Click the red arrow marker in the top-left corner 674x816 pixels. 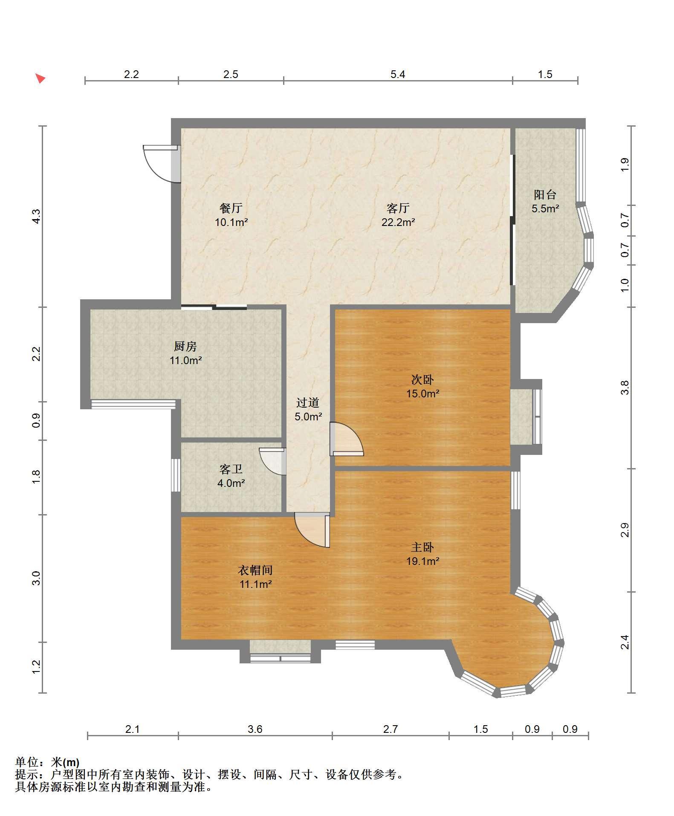tap(40, 78)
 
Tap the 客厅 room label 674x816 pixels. tap(398, 208)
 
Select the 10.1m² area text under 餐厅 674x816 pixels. tap(231, 222)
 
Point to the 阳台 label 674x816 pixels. tap(545, 195)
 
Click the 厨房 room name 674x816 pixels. tap(185, 346)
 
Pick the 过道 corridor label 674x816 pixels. tap(308, 402)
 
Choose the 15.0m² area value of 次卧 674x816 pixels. tap(422, 394)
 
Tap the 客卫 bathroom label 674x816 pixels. tap(231, 469)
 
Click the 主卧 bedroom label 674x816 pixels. tap(422, 547)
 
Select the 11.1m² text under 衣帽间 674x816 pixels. tap(255, 584)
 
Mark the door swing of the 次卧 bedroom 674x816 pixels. tap(347, 439)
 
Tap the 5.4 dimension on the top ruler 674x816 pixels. tap(398, 75)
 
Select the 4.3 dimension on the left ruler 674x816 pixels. tap(37, 216)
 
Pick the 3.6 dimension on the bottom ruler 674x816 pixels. tap(255, 729)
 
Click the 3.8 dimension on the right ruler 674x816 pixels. tap(625, 387)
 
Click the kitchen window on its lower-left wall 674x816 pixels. tap(133, 404)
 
